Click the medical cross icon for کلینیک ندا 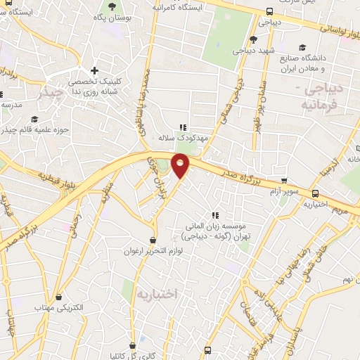click(95, 70)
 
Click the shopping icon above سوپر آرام click(284, 181)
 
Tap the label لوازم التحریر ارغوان click(153, 250)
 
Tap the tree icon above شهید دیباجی click(253, 39)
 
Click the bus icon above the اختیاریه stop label click(314, 193)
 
